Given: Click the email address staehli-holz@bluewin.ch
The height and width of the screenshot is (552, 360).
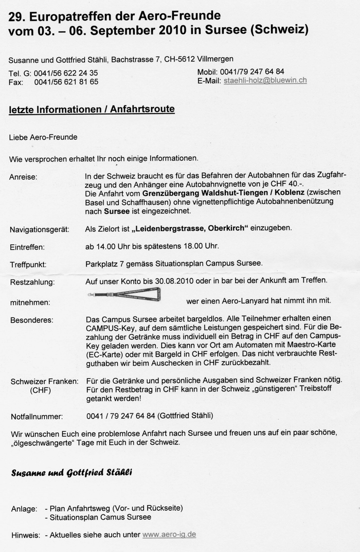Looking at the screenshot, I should pyautogui.click(x=265, y=81).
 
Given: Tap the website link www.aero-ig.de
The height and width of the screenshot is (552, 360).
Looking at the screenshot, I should pyautogui.click(x=169, y=535).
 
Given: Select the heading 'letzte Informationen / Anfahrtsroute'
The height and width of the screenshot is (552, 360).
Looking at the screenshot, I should pyautogui.click(x=92, y=110).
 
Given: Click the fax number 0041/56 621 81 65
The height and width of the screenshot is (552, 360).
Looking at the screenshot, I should pyautogui.click(x=66, y=82).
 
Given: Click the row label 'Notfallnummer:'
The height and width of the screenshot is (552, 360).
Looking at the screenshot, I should pyautogui.click(x=37, y=416).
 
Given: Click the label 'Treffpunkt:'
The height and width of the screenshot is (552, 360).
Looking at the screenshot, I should pyautogui.click(x=28, y=265).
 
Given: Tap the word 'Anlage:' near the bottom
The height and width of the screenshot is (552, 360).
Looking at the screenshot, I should pyautogui.click(x=24, y=508).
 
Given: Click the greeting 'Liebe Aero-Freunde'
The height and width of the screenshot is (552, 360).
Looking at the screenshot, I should pyautogui.click(x=43, y=137).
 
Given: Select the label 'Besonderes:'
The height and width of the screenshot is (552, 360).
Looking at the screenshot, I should pyautogui.click(x=31, y=320).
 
